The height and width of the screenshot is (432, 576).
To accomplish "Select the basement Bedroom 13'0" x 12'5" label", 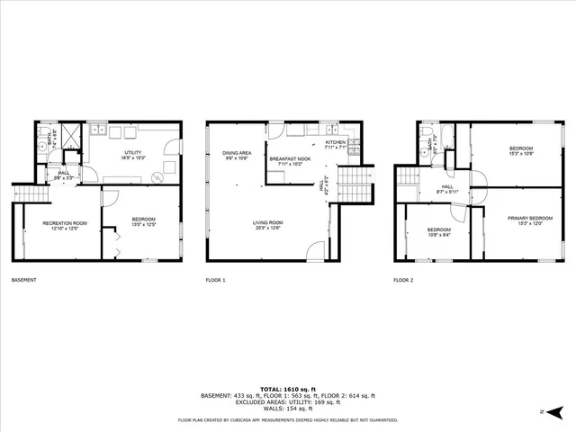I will click(143, 221).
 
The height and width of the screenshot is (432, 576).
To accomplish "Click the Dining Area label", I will click(236, 155).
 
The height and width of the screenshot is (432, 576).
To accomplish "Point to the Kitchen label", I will click(335, 143).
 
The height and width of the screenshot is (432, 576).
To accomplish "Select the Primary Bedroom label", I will click(529, 220).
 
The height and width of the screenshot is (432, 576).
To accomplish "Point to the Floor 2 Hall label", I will click(446, 188).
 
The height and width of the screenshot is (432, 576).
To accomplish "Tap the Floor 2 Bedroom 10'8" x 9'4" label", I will click(438, 233).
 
